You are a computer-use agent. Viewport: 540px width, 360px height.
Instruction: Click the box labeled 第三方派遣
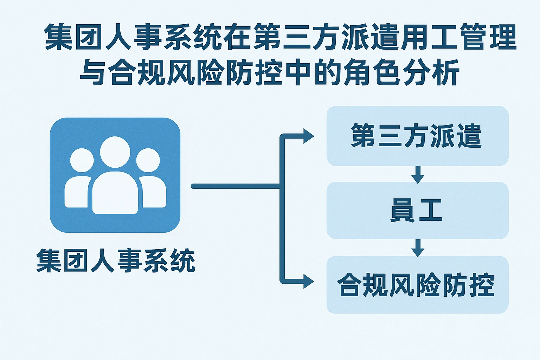[417, 136]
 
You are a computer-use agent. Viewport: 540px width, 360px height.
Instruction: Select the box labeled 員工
[417, 210]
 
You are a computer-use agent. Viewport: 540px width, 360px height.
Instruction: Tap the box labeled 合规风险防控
[417, 285]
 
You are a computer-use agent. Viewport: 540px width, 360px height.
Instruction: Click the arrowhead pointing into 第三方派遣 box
[308, 136]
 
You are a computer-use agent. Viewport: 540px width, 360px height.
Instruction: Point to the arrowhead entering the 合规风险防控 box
[308, 282]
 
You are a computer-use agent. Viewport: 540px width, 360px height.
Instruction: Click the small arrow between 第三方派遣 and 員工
[418, 175]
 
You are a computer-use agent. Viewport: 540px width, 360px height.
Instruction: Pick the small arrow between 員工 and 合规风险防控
[418, 248]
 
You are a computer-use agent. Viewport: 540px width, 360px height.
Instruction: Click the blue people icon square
[115, 175]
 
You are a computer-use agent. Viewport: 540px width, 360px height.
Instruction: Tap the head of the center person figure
[115, 152]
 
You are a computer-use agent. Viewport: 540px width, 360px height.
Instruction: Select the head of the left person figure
[82, 160]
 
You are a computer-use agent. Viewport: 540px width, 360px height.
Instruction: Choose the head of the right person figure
[148, 160]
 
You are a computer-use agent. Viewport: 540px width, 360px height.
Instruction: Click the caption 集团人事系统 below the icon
[116, 261]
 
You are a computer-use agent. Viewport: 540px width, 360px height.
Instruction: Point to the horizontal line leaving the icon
[236, 186]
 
